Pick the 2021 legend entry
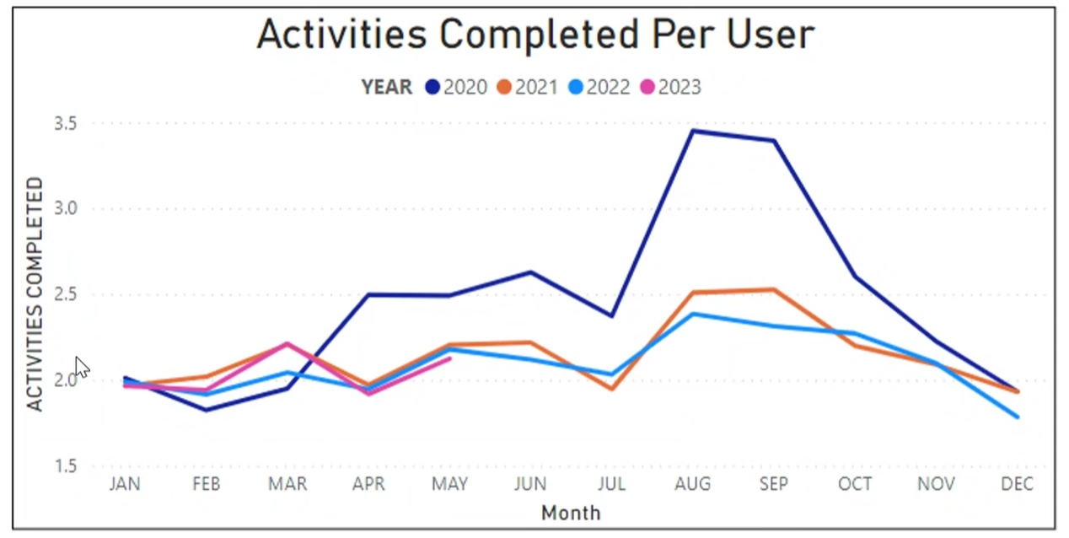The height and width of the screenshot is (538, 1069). pos(528,87)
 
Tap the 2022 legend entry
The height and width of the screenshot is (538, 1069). pos(599,87)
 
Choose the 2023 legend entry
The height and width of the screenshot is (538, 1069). pos(671,87)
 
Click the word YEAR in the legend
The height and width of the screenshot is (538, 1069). pos(387,87)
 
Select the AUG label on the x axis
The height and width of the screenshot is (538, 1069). pos(692,484)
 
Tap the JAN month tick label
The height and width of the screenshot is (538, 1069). pos(125,484)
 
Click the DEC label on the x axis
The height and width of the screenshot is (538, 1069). pos(1018,484)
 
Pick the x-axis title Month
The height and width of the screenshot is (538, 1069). pos(571,512)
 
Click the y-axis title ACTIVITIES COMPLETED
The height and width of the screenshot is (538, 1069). pos(35,293)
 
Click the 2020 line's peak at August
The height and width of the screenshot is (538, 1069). pos(693,131)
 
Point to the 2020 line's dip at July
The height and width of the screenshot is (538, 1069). pos(611,316)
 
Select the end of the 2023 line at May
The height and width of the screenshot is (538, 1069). pos(450,358)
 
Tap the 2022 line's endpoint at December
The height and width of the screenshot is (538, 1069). pos(1018,417)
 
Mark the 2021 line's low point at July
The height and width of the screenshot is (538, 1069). pos(611,389)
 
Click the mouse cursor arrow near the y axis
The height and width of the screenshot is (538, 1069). pos(82,367)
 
